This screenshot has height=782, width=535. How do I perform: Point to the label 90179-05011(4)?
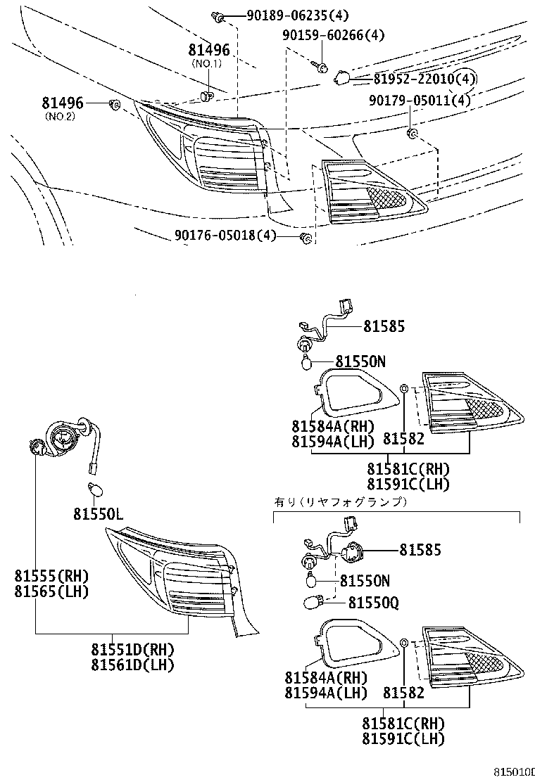coord(420,101)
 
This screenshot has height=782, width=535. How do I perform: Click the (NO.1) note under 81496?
coord(208,63)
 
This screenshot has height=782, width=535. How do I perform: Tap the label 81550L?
coord(98,515)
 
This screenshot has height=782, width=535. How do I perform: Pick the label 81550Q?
coord(372,603)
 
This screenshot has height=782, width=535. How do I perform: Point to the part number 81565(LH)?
coord(51,591)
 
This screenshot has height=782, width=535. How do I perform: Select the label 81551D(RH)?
coord(132,649)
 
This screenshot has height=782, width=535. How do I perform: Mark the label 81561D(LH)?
coord(132,665)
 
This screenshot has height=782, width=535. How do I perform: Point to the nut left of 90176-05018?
coord(306,238)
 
